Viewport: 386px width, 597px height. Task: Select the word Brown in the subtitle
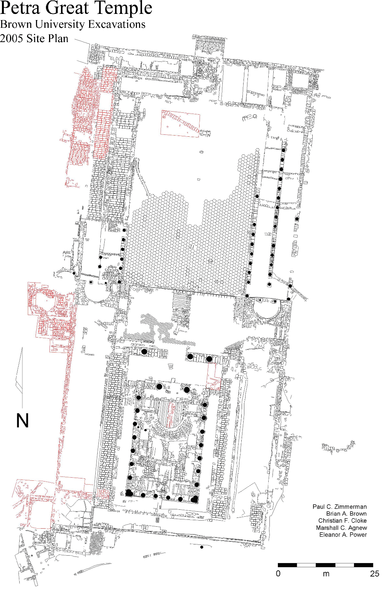click(16, 24)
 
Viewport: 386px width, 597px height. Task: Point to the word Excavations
click(117, 24)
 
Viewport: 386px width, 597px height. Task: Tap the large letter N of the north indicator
click(22, 421)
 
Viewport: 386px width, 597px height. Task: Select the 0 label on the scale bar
click(278, 573)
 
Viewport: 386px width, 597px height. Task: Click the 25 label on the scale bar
click(374, 573)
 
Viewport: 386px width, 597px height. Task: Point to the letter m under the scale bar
click(326, 574)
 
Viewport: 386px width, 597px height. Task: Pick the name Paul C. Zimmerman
click(340, 507)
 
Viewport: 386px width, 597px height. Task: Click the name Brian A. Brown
click(346, 514)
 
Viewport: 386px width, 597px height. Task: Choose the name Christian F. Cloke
click(343, 521)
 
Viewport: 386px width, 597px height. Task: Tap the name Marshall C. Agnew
click(342, 528)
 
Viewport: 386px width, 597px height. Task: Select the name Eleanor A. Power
click(343, 534)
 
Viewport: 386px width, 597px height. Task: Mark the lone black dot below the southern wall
click(201, 547)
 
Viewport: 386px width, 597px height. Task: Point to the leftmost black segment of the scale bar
click(288, 565)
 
